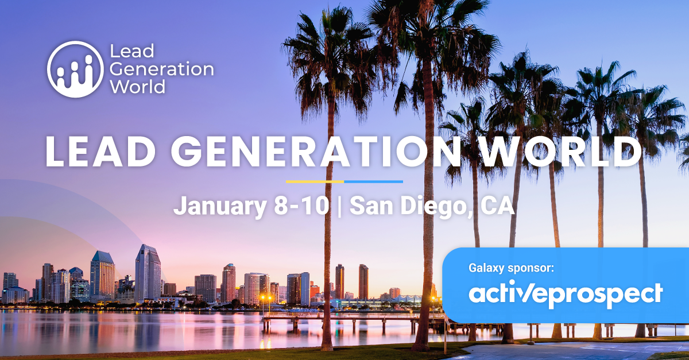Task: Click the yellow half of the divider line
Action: [x=315, y=181]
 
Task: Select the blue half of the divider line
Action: [x=373, y=181]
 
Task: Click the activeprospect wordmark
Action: [x=566, y=295]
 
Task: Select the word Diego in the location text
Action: [x=436, y=206]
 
